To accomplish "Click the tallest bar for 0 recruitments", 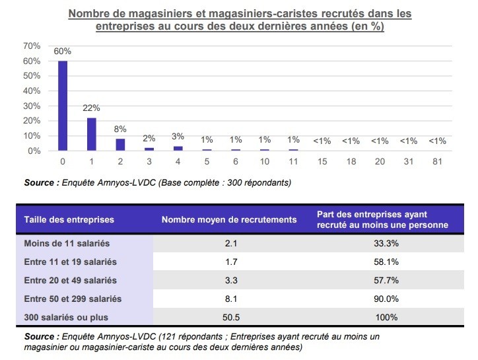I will (x=63, y=106).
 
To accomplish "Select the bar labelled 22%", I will (x=91, y=134).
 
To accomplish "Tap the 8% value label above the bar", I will (x=120, y=129).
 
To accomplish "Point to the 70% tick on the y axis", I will (x=32, y=46).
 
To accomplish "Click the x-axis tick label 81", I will (x=437, y=161).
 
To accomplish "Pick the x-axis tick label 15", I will (x=322, y=161).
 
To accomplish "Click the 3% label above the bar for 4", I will (x=178, y=136).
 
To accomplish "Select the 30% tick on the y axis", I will (x=32, y=106).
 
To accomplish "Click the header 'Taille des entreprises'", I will (x=69, y=219).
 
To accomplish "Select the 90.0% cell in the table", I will (x=385, y=299).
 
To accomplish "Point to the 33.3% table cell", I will (x=385, y=243).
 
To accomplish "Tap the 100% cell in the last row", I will (x=385, y=316).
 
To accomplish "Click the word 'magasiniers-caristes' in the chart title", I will (x=272, y=13).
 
